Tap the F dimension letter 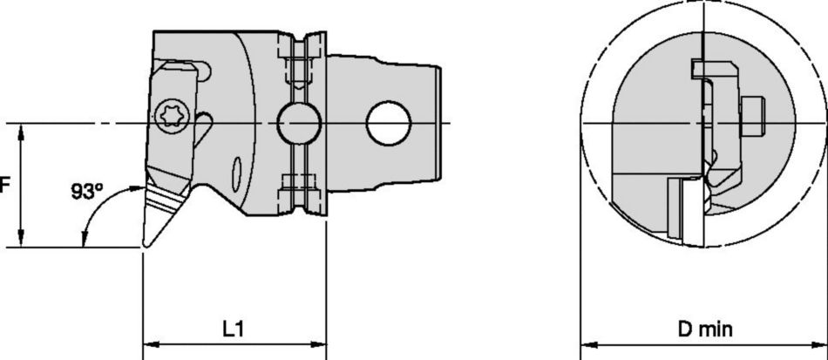click(x=4, y=186)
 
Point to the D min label click(x=706, y=329)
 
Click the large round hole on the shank click(x=387, y=123)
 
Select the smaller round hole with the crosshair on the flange click(x=296, y=124)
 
